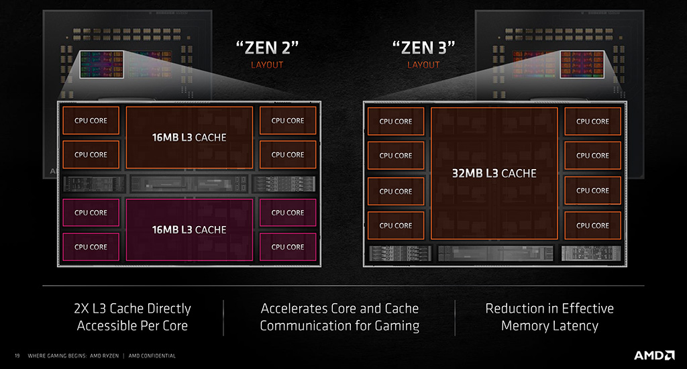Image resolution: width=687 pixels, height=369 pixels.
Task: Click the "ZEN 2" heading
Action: [267, 48]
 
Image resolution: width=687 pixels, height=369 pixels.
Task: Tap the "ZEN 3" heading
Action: [423, 48]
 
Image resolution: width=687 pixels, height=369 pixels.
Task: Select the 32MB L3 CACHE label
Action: [494, 174]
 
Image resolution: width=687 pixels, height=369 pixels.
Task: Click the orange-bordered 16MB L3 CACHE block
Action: [189, 138]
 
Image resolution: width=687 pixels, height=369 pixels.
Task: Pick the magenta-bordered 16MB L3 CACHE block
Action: [189, 229]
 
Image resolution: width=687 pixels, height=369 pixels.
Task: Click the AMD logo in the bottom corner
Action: [654, 355]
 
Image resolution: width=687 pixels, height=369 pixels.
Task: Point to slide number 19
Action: [17, 356]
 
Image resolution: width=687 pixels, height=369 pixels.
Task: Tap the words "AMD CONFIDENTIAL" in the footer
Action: [152, 356]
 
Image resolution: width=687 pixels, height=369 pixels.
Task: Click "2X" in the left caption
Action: [81, 309]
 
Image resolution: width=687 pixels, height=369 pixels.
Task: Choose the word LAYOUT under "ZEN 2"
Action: [267, 65]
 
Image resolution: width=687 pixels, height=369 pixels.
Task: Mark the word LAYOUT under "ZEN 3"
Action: [423, 65]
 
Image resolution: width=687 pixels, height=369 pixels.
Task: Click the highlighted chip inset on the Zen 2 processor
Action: [102, 64]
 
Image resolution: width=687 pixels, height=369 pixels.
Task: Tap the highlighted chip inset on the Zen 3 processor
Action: [582, 64]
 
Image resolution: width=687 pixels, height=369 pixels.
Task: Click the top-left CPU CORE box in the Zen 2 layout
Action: [91, 121]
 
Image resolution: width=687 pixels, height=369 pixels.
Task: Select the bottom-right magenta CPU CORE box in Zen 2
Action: [288, 247]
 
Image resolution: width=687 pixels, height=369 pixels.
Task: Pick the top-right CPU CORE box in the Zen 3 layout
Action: [593, 121]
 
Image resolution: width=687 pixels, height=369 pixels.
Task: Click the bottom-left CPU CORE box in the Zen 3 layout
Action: [396, 225]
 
